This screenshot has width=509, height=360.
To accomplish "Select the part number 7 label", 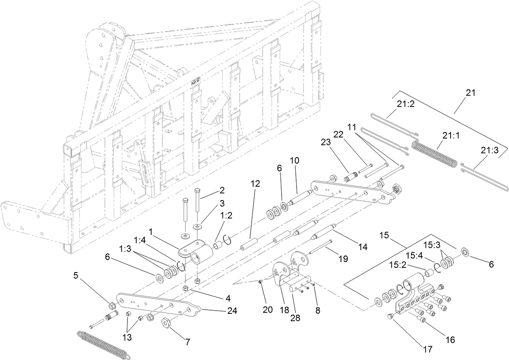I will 187,342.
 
